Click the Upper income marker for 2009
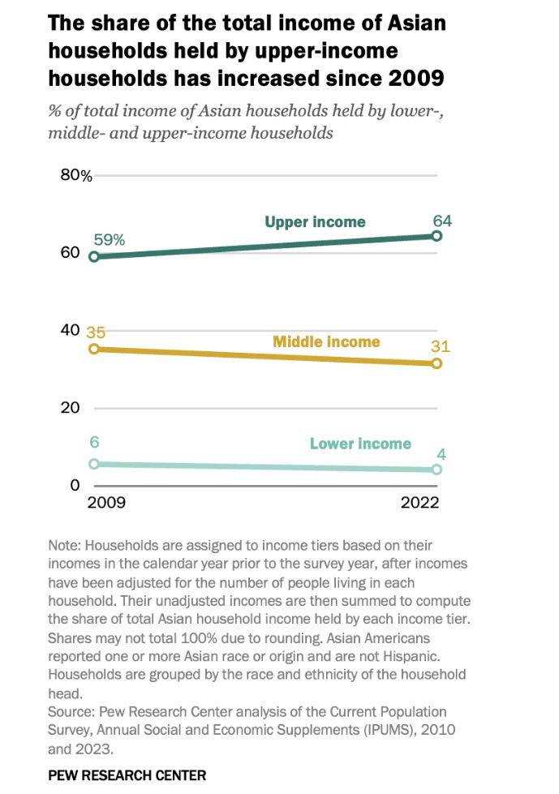[94, 256]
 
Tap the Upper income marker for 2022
[436, 236]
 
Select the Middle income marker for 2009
[94, 349]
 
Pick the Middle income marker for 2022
[436, 363]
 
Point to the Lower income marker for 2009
[94, 463]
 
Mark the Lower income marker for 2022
[436, 470]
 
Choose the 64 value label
[441, 221]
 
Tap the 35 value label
[96, 332]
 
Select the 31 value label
[441, 346]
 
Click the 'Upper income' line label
[315, 221]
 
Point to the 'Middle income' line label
[326, 341]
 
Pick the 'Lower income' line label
[360, 444]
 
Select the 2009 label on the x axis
[105, 502]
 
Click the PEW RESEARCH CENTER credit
[127, 775]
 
